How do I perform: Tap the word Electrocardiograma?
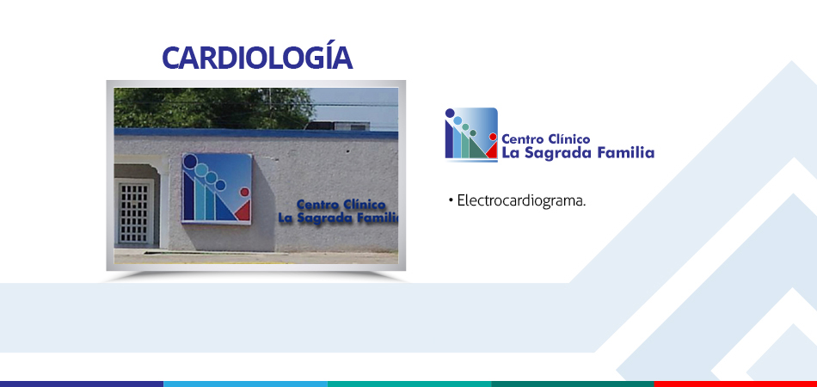click(x=521, y=200)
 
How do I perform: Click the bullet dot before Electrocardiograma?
click(x=450, y=200)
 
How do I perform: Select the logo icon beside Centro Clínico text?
click(x=471, y=134)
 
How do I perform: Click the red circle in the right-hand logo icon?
click(x=493, y=137)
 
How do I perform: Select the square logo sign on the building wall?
click(x=217, y=188)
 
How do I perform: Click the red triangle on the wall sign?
click(x=243, y=211)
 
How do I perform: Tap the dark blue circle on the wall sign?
click(x=190, y=161)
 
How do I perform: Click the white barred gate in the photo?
click(x=134, y=212)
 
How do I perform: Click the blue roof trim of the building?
click(x=255, y=133)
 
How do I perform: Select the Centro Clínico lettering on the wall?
click(x=341, y=204)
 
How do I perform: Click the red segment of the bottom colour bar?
click(x=735, y=384)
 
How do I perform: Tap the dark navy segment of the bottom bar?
click(x=82, y=384)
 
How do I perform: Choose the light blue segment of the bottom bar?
click(x=245, y=384)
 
